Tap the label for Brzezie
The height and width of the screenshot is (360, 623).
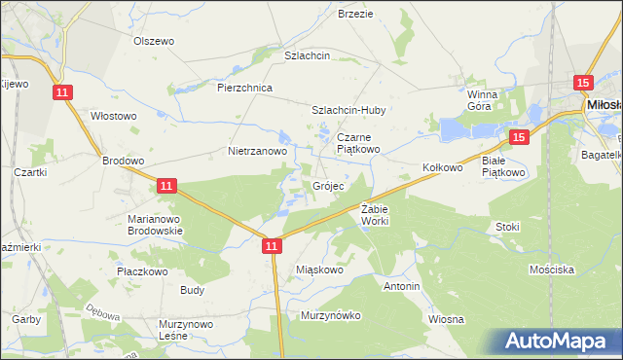[355, 14]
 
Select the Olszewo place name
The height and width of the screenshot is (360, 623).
[153, 41]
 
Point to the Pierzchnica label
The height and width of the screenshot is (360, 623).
[244, 88]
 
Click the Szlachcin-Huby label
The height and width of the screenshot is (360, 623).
[348, 110]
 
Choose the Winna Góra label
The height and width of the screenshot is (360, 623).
[482, 100]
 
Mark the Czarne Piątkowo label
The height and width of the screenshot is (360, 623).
[358, 143]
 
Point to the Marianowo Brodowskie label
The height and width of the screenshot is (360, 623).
[156, 225]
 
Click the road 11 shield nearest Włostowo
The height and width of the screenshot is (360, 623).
[63, 91]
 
